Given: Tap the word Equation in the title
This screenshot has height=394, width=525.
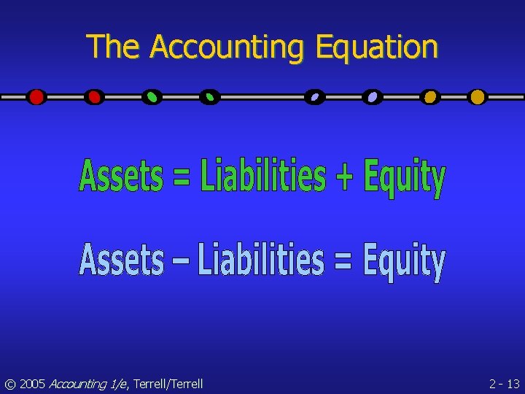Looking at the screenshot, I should pos(376,47).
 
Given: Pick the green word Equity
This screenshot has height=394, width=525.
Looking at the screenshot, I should pos(404,179).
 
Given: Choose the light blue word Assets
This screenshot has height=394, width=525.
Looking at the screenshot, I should pos(122,260).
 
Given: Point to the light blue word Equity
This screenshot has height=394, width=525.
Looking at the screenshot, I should pos(404,263).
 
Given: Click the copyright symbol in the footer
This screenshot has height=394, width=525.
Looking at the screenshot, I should pos(9,384).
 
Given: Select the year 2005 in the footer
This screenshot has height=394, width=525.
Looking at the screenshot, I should pos(32,384).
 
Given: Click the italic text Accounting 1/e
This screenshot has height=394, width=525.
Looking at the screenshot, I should pos(87,384).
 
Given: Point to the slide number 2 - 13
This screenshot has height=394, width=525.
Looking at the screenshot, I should pos(504,384).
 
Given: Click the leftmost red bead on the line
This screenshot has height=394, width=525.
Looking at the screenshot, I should pos(36,97).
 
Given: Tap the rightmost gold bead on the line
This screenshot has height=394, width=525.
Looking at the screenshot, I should pos(477,97).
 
